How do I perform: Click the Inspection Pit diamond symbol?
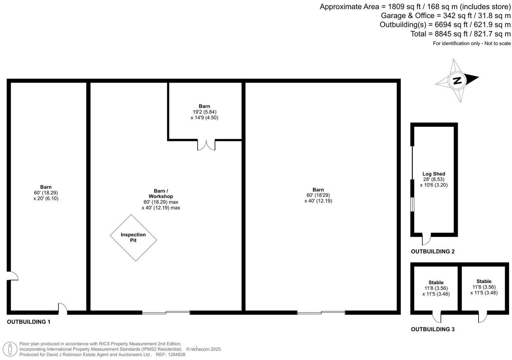[x=133, y=237]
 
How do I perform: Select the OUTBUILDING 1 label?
[x=29, y=322]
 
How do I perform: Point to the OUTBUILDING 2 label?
[x=433, y=252]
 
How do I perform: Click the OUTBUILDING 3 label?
[x=433, y=329]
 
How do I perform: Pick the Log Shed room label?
[x=434, y=174]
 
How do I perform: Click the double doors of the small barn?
[x=206, y=145]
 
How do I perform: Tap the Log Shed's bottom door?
[x=426, y=239]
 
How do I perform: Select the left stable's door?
[x=437, y=317]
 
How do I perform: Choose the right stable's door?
[x=482, y=317]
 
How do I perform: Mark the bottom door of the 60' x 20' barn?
[x=63, y=309]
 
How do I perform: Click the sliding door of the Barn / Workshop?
[x=166, y=312]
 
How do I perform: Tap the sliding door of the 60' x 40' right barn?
[x=321, y=312]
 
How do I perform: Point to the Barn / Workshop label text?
[x=161, y=193]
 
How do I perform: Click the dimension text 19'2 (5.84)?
[x=204, y=112]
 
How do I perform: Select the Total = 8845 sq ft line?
[x=460, y=34]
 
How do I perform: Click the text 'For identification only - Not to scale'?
[x=471, y=43]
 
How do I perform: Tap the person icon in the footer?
[x=11, y=349]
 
